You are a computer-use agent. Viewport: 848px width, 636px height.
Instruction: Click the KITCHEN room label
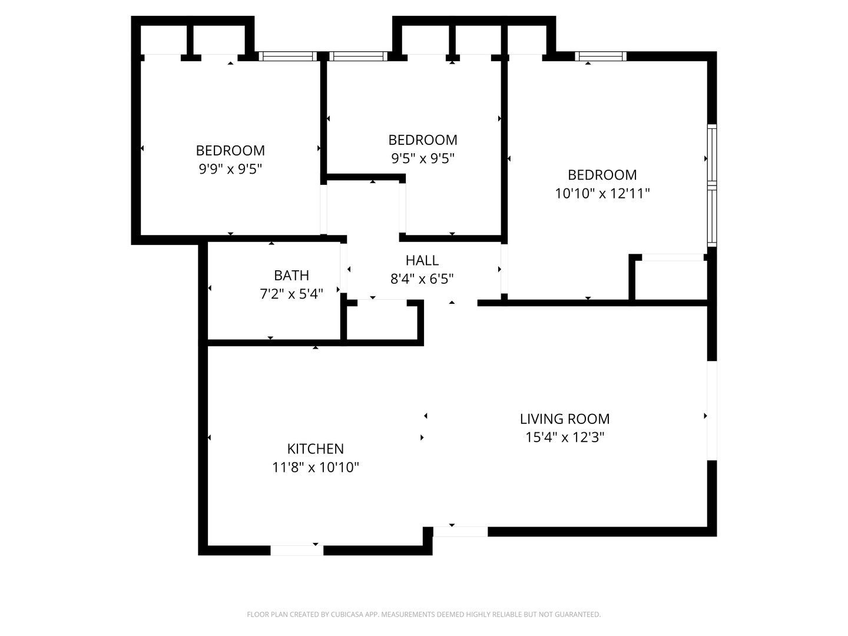point(315,449)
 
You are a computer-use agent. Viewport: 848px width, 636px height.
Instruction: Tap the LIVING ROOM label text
point(564,419)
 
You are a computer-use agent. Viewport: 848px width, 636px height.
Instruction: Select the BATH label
point(291,275)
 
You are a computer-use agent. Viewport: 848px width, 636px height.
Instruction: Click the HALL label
point(422,260)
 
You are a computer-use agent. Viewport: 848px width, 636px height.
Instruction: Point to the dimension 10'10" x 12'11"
point(602,193)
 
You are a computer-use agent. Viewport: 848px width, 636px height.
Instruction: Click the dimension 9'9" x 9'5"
point(230,169)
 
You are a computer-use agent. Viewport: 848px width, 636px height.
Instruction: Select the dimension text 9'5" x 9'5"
point(422,158)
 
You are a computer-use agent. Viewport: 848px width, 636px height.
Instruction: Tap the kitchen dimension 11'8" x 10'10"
point(315,468)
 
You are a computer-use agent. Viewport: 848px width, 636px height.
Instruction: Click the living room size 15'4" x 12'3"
point(564,438)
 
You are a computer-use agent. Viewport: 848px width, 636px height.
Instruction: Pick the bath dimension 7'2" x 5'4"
point(291,294)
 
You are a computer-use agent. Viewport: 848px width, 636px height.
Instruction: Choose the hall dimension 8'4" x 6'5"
point(422,279)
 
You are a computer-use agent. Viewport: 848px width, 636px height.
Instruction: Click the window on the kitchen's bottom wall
point(297,551)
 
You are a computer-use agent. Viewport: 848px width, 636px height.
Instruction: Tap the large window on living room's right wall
point(711,410)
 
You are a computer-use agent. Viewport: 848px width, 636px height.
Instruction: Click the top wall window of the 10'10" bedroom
point(600,57)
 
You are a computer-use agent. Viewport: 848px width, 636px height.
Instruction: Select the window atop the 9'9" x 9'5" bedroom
point(288,57)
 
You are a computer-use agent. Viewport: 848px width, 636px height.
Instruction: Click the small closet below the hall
point(382,322)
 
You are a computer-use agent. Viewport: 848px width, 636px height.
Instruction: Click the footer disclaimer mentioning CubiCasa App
point(423,615)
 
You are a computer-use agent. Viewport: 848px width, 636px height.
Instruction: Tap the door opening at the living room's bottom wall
point(460,532)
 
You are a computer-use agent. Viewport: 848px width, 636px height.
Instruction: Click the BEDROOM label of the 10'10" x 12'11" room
point(602,175)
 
